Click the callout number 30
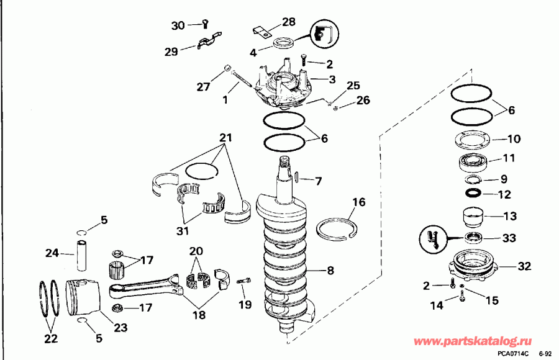[x=178, y=25]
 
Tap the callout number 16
[x=359, y=202]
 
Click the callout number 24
[x=52, y=253]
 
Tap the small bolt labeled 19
[x=243, y=283]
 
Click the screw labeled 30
[x=204, y=24]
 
